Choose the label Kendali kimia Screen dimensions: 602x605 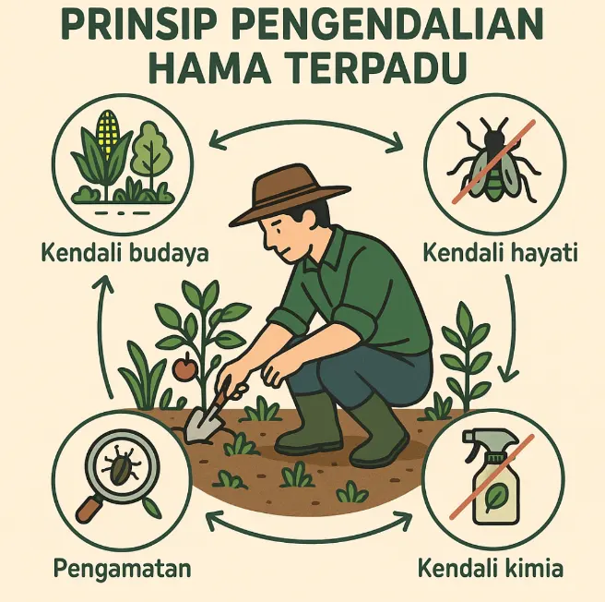click(491, 568)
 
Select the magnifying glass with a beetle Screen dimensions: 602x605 click(117, 471)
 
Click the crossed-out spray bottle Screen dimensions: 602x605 click(492, 476)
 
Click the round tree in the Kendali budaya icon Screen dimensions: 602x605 click(150, 151)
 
